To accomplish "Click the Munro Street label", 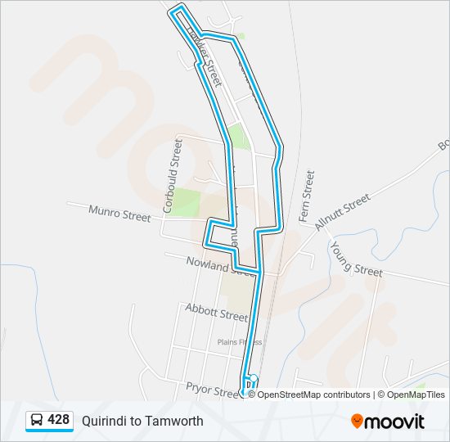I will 120,213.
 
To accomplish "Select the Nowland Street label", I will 211,264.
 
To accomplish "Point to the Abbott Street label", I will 216,312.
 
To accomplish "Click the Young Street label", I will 356,258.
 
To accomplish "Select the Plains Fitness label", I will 239,342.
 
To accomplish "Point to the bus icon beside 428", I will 37,421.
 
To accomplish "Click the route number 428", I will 59,420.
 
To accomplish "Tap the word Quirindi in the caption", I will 104,421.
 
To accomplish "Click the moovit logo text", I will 396,422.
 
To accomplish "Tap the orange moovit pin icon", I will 358,421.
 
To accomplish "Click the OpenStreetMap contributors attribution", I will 313,395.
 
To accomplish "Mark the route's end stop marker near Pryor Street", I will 253,379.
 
